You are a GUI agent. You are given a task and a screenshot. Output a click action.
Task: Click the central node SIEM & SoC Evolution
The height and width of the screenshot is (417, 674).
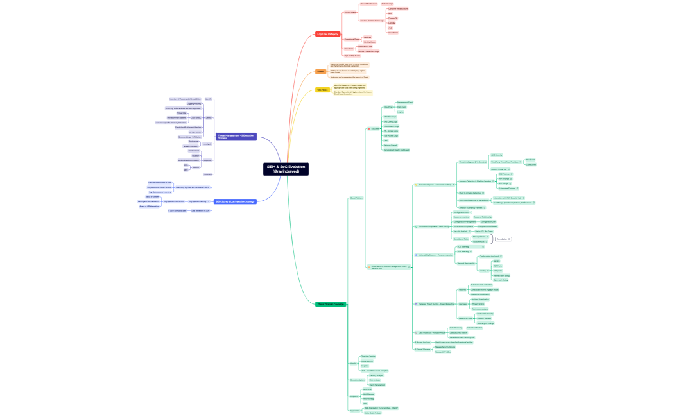point(286,169)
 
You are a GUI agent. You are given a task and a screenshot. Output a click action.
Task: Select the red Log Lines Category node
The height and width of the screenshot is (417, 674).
point(327,34)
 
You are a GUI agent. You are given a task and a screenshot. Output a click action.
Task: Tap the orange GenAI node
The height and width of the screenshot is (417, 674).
point(320,72)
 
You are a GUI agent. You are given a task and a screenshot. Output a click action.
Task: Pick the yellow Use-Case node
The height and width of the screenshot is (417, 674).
point(322,90)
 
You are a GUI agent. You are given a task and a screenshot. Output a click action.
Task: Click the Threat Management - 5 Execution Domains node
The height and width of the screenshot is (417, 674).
point(236,137)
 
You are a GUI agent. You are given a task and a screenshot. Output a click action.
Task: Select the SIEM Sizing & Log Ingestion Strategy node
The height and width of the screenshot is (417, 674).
point(235,201)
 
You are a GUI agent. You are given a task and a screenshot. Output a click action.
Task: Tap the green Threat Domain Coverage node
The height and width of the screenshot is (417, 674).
point(331,304)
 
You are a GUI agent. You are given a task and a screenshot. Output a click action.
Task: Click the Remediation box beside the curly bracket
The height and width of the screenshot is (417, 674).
point(503,239)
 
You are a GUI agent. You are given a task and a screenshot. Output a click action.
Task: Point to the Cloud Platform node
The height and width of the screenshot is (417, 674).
point(356,198)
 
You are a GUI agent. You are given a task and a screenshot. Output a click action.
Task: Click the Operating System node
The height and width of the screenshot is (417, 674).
point(357,380)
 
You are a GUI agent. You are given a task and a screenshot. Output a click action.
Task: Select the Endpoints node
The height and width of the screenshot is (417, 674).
point(354,396)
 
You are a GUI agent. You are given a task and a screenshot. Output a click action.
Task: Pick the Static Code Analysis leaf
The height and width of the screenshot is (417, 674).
point(372,413)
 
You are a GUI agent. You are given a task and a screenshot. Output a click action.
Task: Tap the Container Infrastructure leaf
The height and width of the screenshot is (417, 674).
point(398,9)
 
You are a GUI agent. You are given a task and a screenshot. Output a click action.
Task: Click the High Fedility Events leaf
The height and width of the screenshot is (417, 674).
point(352,56)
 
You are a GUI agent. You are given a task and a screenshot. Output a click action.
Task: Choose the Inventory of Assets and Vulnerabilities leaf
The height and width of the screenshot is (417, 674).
point(186,99)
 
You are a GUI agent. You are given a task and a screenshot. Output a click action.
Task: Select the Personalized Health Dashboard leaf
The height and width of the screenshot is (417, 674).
point(396,149)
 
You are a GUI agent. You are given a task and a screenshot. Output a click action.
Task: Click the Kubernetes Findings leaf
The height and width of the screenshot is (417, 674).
point(508,188)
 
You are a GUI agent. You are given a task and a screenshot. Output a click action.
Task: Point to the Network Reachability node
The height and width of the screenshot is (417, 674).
point(466,263)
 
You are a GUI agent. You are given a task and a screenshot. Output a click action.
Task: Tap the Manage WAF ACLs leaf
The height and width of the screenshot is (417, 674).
point(442,352)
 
